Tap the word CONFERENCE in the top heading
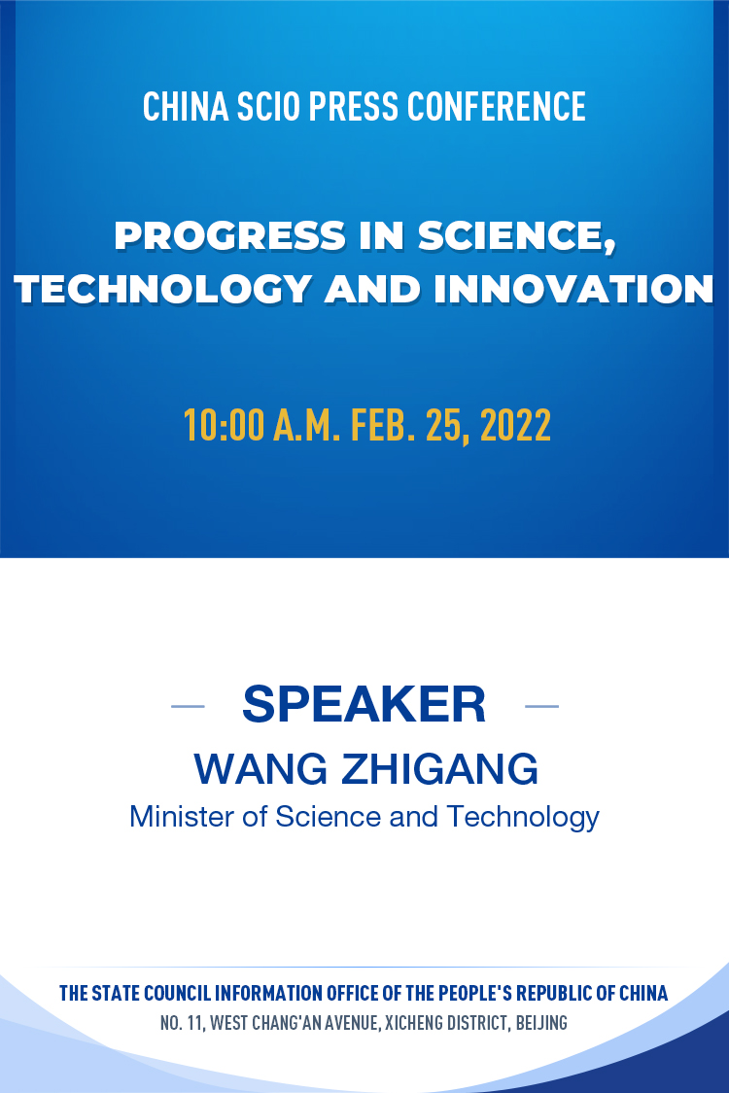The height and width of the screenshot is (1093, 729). click(497, 107)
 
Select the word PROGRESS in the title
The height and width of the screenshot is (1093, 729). click(230, 235)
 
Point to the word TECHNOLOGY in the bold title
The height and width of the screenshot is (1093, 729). click(163, 289)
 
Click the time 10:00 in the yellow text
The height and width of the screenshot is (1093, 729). click(224, 425)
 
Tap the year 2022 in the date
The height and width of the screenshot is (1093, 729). click(516, 425)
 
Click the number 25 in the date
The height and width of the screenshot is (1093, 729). click(443, 426)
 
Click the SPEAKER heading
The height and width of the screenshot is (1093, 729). click(364, 704)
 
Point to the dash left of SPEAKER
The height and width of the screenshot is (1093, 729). click(189, 706)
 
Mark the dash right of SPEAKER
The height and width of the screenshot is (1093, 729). click(541, 706)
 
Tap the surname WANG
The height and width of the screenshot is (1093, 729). click(260, 769)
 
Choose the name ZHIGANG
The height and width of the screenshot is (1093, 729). click(439, 769)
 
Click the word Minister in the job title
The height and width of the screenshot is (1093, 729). click(182, 816)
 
